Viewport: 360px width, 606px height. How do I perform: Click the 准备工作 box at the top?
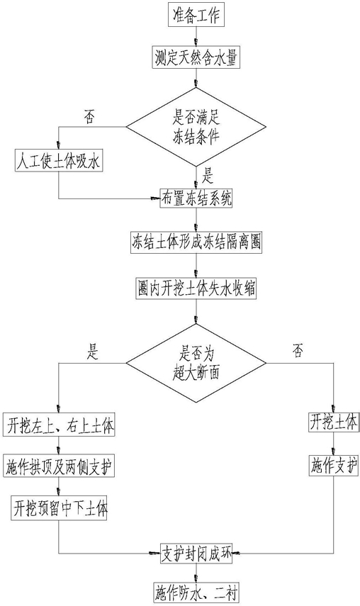pyautogui.click(x=196, y=16)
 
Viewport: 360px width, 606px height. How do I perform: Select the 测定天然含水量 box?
pyautogui.click(x=196, y=57)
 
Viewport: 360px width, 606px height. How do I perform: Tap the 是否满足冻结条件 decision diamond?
pyautogui.click(x=196, y=127)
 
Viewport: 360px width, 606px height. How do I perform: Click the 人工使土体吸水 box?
pyautogui.click(x=59, y=160)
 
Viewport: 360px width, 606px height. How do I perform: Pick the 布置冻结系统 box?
pyautogui.click(x=196, y=198)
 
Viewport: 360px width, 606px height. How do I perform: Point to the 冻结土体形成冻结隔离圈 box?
pyautogui.click(x=196, y=242)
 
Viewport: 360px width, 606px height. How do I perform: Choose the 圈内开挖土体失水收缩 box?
pyautogui.click(x=196, y=288)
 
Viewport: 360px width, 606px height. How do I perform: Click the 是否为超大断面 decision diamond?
pyautogui.click(x=196, y=363)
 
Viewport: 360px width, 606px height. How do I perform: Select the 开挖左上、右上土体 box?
pyautogui.click(x=60, y=425)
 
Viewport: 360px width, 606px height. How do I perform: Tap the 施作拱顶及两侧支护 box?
pyautogui.click(x=60, y=468)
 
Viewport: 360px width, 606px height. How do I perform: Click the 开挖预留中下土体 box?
pyautogui.click(x=59, y=508)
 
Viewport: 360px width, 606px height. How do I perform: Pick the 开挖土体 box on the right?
pyautogui.click(x=333, y=423)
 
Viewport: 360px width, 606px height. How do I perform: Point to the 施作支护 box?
pyautogui.click(x=333, y=467)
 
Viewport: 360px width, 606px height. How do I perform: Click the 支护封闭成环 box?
pyautogui.click(x=196, y=554)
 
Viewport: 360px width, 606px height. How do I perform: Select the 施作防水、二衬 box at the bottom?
pyautogui.click(x=196, y=592)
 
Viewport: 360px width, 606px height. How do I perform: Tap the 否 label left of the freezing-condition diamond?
pyautogui.click(x=89, y=117)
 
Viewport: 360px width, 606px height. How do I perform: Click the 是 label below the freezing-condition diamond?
pyautogui.click(x=208, y=176)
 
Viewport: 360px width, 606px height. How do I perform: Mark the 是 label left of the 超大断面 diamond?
pyautogui.click(x=93, y=352)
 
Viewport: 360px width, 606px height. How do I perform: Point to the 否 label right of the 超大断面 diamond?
pyautogui.click(x=298, y=352)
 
